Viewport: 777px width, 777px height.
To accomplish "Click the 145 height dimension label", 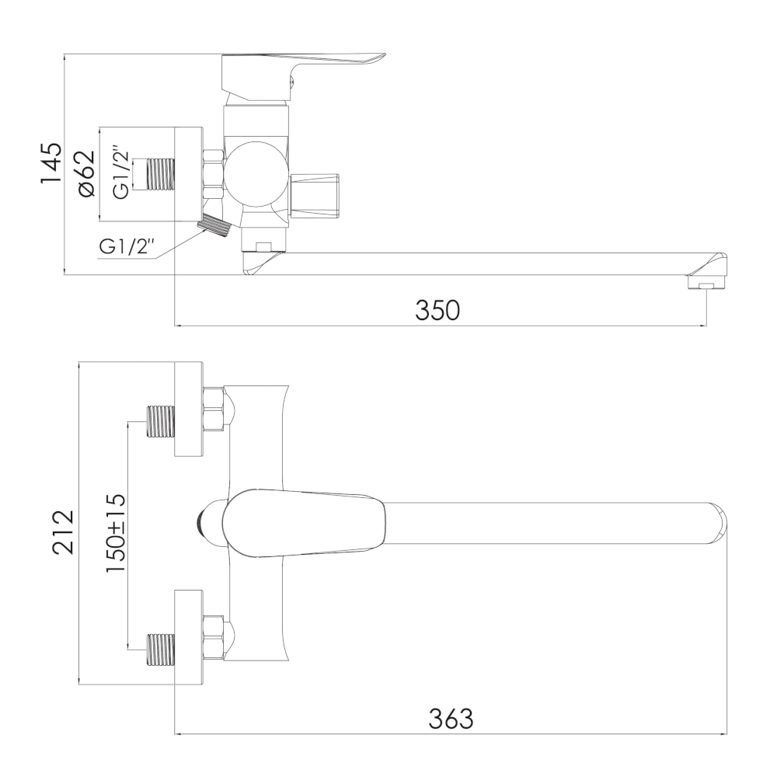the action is (51, 163).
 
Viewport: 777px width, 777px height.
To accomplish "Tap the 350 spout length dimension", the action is (437, 311).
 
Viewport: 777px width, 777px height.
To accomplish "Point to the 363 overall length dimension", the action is (451, 719).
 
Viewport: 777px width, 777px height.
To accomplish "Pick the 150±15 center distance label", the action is (116, 533).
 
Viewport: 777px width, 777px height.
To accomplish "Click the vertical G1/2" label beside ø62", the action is (121, 172).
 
